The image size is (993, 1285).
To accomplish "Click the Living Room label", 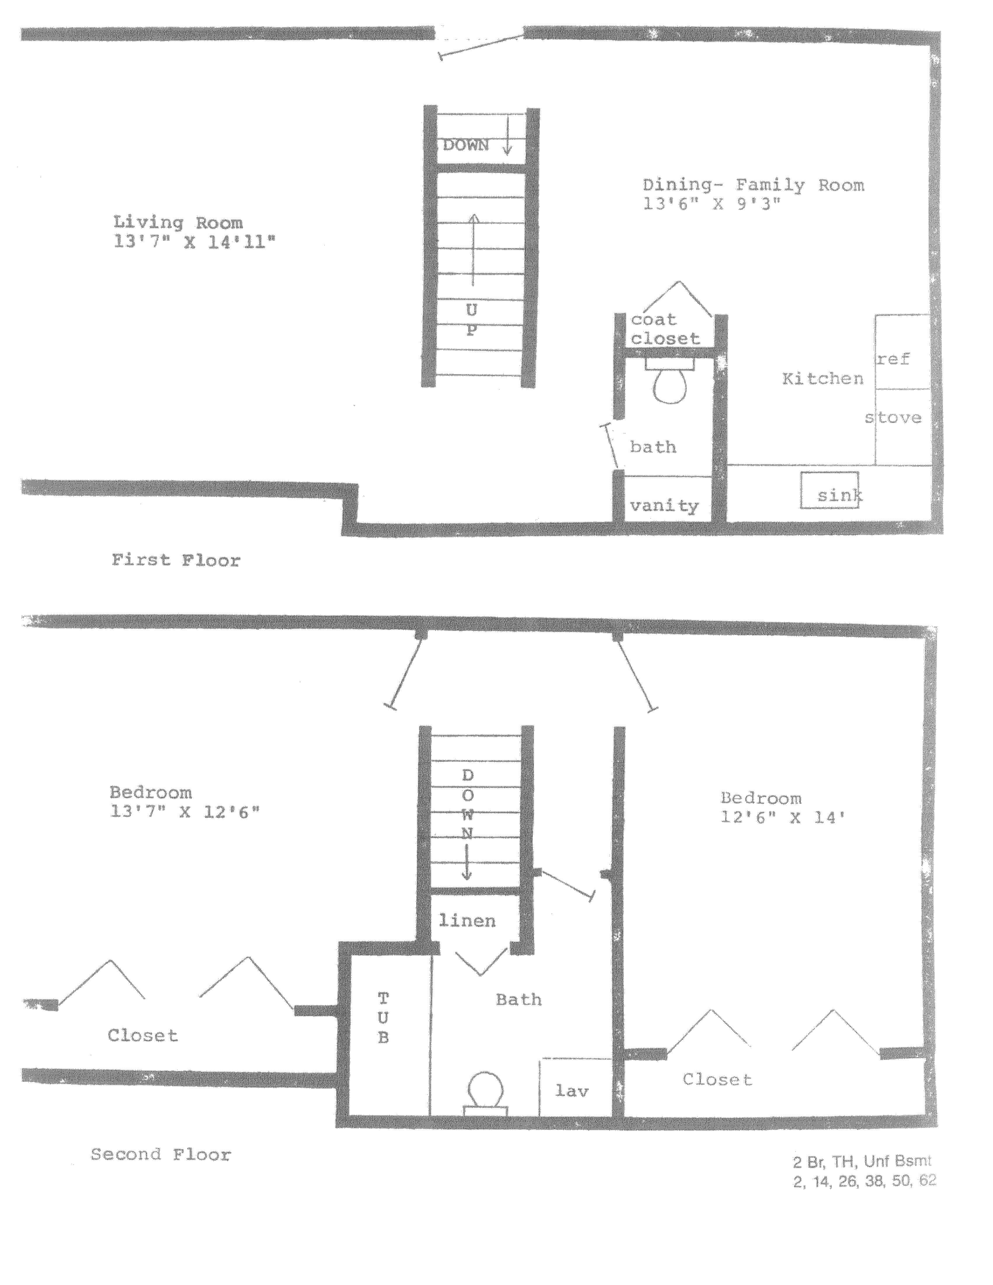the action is pos(178,223).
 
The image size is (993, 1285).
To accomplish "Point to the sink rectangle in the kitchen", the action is pos(829,490).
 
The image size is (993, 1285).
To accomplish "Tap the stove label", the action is pos(893,418).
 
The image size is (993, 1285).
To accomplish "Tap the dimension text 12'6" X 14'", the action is pos(783,817).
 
